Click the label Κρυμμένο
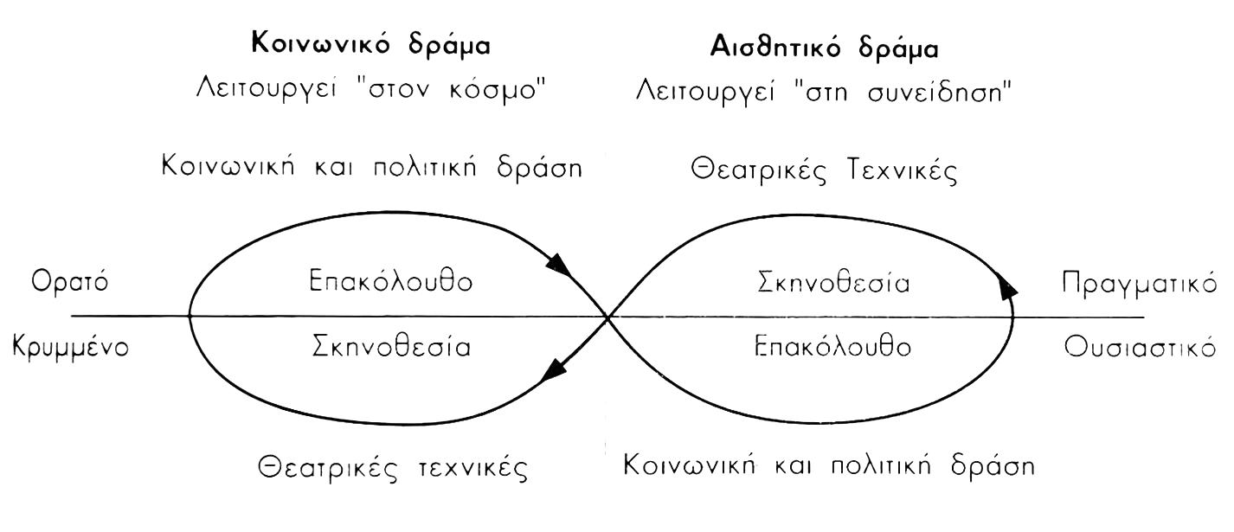pyautogui.click(x=71, y=348)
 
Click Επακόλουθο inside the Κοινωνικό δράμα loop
pyautogui.click(x=390, y=284)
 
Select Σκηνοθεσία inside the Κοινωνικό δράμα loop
pyautogui.click(x=390, y=348)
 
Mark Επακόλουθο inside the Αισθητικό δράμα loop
pyautogui.click(x=832, y=348)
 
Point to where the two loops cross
pyautogui.click(x=608, y=317)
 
